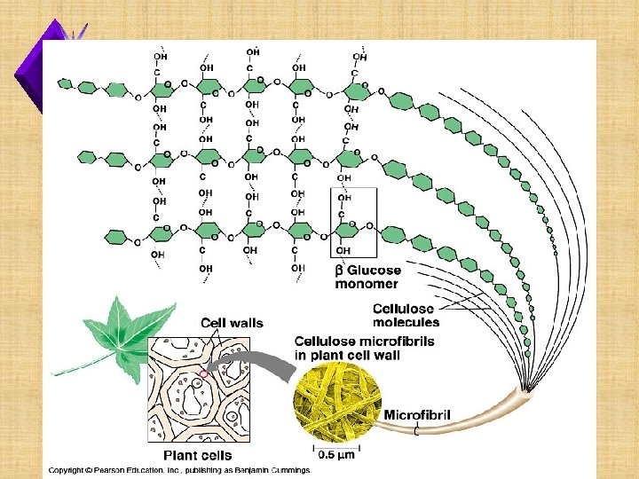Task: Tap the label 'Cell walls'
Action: (232, 323)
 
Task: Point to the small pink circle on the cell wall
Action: (205, 374)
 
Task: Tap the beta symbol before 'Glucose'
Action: (338, 271)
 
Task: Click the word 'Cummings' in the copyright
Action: (288, 470)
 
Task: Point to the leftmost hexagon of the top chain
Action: (65, 83)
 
